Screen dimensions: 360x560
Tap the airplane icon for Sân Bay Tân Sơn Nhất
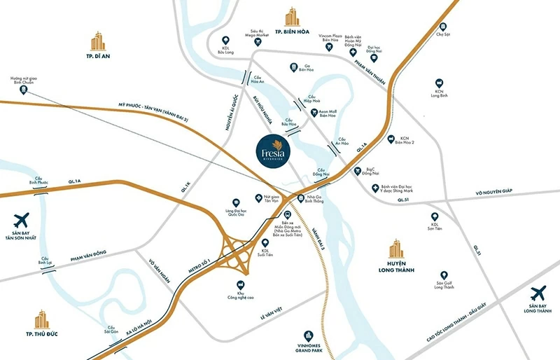click(x=22, y=220)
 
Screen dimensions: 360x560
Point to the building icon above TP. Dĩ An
click(x=97, y=41)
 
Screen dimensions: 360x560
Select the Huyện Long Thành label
click(x=397, y=266)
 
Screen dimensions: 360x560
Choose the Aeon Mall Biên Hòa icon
click(x=314, y=112)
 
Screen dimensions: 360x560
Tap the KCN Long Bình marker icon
click(x=439, y=82)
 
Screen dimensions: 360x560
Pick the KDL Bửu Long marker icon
click(x=225, y=41)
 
